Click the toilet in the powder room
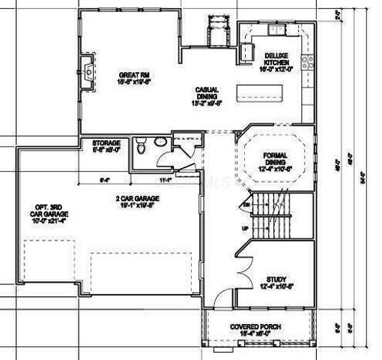tap(142, 148)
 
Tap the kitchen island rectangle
tap(259, 94)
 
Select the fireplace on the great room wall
tap(89, 70)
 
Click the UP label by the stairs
tap(244, 228)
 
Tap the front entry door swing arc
tap(218, 301)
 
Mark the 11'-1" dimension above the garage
tap(166, 181)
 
